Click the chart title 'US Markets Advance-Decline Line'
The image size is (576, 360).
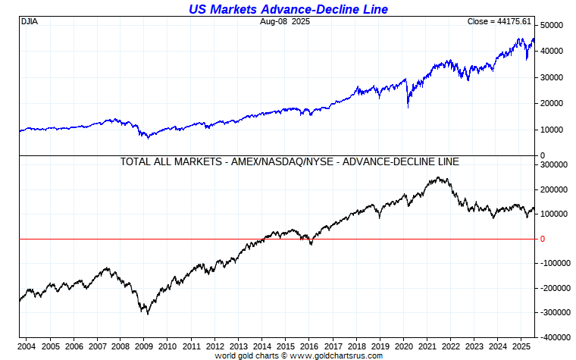[287, 9]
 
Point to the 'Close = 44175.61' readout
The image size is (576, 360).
[500, 21]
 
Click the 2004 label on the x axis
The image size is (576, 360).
[27, 346]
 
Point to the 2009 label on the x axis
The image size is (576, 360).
[144, 346]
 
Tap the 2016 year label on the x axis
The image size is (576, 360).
[308, 346]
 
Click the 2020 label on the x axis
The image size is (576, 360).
[401, 346]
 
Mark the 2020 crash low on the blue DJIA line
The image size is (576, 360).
[409, 107]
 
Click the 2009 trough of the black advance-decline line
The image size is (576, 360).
[147, 313]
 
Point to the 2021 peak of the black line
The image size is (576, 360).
[438, 178]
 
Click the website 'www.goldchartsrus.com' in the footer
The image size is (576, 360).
[336, 355]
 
